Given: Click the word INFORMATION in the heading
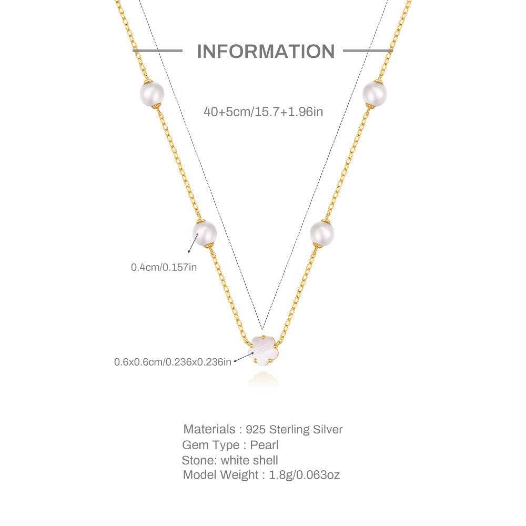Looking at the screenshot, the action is [x=266, y=51].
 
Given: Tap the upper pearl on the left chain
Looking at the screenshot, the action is [x=152, y=94].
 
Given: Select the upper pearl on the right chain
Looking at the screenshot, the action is [x=375, y=94].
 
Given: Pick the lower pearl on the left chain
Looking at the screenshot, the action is [x=204, y=233].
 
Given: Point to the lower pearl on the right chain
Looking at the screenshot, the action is [x=322, y=233].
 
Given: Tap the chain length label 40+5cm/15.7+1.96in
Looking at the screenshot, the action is [x=264, y=112].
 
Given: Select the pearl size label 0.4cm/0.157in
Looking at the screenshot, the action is [x=164, y=267].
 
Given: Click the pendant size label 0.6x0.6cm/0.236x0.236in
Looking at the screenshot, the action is [x=173, y=362].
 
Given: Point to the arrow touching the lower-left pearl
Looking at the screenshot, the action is [x=193, y=243].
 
